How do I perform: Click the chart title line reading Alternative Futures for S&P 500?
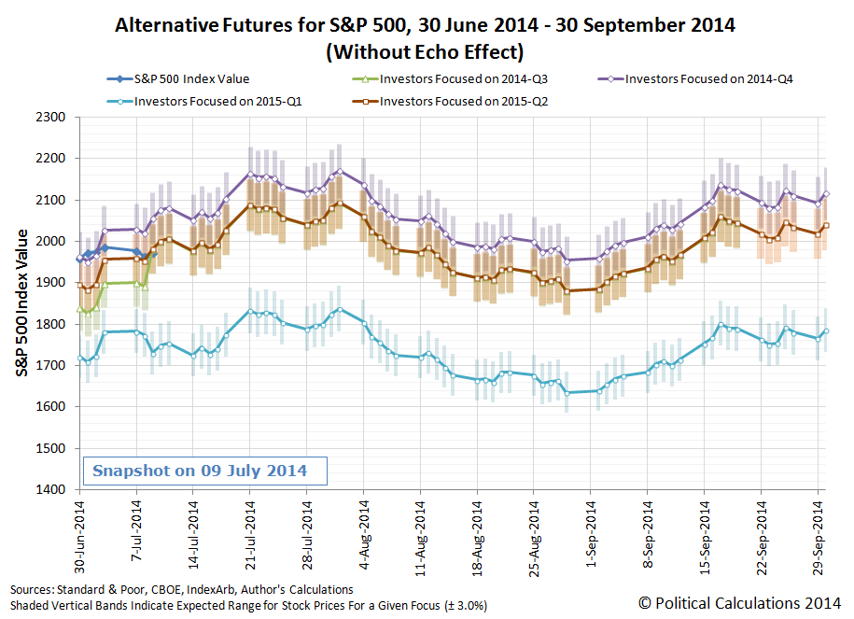pos(425,25)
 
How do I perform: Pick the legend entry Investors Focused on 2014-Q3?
pos(452,78)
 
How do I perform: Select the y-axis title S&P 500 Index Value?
pos(21,303)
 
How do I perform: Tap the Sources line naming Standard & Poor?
pos(182,589)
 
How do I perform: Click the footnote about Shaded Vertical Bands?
pos(248,605)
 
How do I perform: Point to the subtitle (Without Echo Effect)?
pos(425,51)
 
